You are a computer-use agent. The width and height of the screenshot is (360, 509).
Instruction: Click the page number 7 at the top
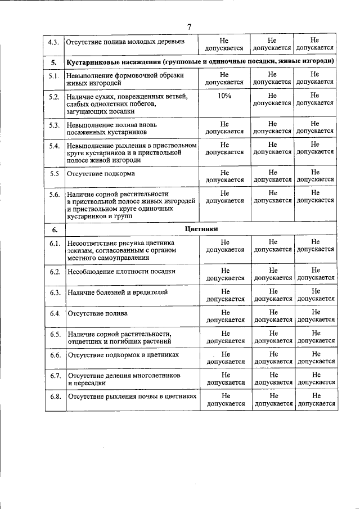point(190,26)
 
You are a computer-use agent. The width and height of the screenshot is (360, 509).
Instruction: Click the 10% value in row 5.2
point(224,96)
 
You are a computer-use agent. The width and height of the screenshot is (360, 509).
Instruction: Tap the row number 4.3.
point(54,41)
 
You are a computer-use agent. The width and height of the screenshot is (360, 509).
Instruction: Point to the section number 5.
point(54,61)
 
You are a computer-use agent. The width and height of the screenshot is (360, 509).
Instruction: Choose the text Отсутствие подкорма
point(101,174)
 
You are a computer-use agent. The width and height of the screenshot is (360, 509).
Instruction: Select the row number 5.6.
point(54,195)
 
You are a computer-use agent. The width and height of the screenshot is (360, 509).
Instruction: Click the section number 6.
point(55,229)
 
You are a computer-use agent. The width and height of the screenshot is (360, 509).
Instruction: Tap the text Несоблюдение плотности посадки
point(121,271)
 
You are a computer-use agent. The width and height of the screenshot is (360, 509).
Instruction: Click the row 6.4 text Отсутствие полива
point(97,313)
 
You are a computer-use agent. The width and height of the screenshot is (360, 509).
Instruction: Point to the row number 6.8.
point(55,397)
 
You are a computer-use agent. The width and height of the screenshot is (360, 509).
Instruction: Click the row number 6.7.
point(55,376)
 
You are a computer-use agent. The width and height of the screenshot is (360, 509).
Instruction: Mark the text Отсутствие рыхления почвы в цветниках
point(132,397)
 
